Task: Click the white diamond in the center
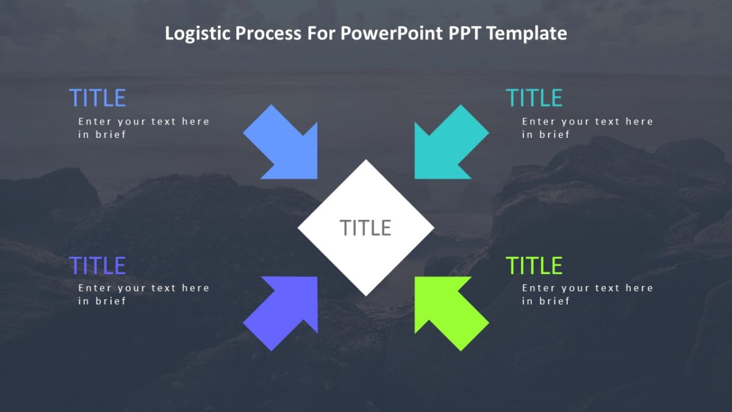coord(366,256)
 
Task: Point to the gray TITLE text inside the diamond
coord(365,228)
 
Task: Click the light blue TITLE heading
coord(98,98)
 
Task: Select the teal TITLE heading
coord(534,98)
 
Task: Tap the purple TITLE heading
coord(98,266)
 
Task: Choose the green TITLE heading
coord(534,266)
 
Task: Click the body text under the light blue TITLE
coord(143,128)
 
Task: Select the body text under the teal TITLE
coord(587,128)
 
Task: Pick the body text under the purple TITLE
coord(143,294)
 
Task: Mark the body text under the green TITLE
coord(587,294)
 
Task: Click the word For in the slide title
coord(313,34)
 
